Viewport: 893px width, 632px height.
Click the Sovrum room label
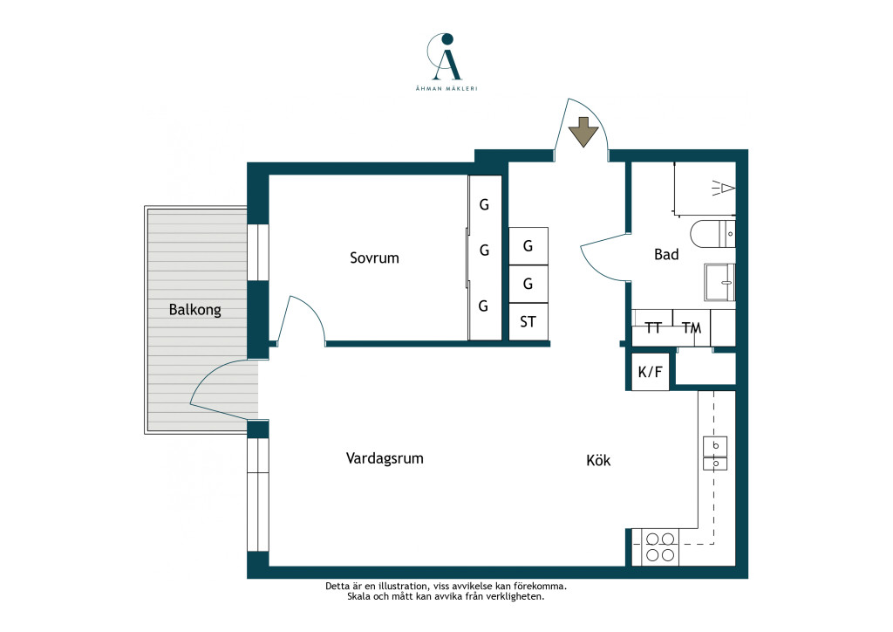coord(374,258)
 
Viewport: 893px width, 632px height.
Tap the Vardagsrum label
coord(385,459)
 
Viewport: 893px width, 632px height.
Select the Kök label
coord(598,460)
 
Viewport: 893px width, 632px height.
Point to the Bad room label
coord(666,254)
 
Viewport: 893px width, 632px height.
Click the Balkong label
coord(194,310)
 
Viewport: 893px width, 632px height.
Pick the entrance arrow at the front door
coord(583,132)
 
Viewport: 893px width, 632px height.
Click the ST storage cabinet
coord(528,321)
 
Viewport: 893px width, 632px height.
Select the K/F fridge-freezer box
coord(651,372)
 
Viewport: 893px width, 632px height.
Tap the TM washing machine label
coord(692,327)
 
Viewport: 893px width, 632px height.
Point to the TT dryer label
coord(653,327)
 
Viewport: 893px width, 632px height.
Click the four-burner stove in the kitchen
coord(660,547)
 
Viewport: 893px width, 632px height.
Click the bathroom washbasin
coord(719,282)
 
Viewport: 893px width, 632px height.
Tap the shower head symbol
coord(723,188)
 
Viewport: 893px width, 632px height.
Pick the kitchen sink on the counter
coord(715,453)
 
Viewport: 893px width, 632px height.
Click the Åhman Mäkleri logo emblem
coord(446,57)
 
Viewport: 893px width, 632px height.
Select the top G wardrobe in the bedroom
coord(484,204)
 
